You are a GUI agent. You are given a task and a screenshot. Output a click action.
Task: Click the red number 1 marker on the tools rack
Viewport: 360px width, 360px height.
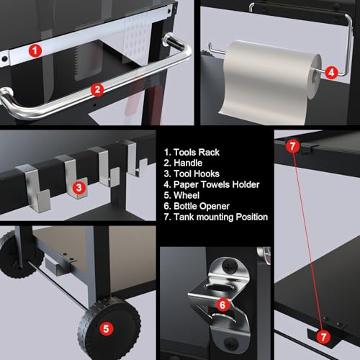35,51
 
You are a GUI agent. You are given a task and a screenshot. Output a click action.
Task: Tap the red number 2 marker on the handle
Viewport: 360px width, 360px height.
97,90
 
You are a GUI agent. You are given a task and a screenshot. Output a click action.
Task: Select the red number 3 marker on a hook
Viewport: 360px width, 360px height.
78,188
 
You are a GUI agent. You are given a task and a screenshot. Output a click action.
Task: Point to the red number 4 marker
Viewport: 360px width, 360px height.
331,73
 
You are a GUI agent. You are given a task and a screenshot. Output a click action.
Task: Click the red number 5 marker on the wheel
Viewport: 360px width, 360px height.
107,329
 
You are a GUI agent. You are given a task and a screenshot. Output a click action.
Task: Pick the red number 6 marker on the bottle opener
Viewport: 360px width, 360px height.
222,305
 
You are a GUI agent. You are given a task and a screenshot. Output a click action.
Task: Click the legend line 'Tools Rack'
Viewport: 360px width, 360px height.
192,153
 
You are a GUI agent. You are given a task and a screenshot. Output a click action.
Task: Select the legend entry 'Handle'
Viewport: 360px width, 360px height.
183,163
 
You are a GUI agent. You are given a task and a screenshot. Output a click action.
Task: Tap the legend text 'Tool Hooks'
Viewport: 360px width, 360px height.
192,174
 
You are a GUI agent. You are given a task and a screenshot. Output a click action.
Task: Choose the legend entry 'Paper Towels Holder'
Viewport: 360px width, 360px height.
212,184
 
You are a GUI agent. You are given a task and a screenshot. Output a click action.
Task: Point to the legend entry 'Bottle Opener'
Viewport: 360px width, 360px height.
197,206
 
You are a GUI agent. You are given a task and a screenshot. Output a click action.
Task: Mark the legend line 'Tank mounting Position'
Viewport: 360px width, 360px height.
216,217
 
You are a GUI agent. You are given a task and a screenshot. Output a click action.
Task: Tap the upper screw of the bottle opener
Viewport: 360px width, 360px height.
229,266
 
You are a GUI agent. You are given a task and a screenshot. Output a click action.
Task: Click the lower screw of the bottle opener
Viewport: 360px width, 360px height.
231,343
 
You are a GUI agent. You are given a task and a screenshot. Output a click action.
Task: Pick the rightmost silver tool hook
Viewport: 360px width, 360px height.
135,158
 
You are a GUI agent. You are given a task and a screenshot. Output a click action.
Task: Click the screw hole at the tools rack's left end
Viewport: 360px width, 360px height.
4,59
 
